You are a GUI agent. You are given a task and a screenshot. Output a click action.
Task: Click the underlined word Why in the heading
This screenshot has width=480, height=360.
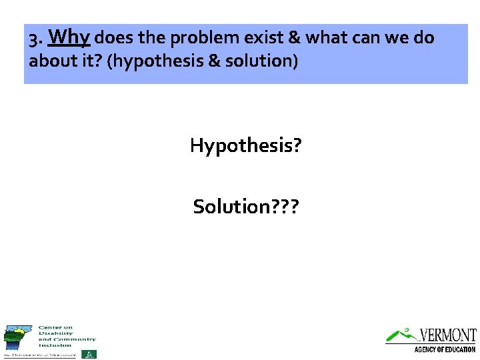(x=69, y=37)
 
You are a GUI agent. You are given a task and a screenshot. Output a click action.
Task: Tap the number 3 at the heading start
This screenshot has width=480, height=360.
(x=33, y=39)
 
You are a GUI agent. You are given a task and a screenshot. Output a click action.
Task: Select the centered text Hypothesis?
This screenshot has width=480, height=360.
(x=245, y=145)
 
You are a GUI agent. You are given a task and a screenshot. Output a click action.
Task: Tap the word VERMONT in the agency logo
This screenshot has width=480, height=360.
(x=448, y=335)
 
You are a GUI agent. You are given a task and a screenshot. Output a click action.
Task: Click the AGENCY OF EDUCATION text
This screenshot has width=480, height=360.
(x=445, y=349)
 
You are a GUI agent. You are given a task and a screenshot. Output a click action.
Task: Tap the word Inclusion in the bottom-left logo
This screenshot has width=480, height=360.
(x=55, y=345)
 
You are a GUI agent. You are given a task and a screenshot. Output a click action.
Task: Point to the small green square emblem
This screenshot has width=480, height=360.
(x=89, y=354)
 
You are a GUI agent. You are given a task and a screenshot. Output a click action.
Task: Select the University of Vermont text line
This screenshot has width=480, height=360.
(x=40, y=355)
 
